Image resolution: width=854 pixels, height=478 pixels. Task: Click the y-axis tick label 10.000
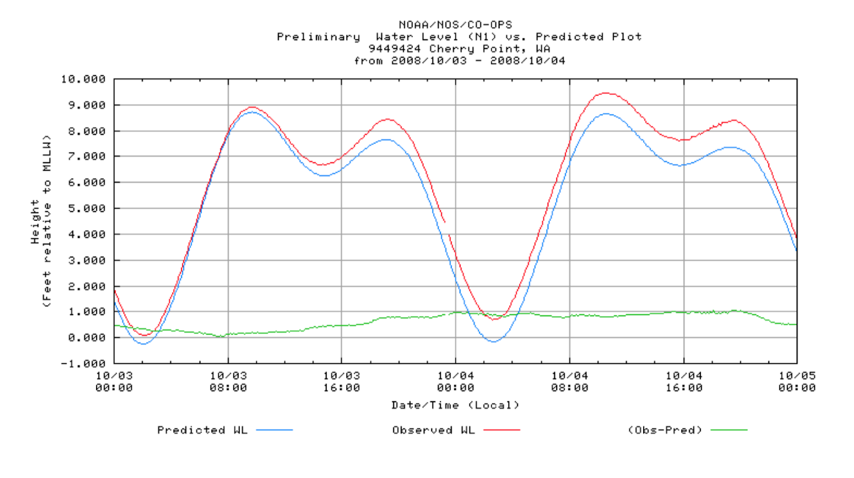click(83, 79)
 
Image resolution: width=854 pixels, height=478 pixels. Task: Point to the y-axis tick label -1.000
click(83, 364)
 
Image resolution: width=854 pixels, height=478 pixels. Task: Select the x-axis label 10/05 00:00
click(797, 382)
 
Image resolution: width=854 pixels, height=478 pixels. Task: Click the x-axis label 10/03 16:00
click(342, 382)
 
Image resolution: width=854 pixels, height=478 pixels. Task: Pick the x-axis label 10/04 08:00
click(570, 382)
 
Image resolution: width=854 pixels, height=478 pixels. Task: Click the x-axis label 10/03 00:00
click(114, 382)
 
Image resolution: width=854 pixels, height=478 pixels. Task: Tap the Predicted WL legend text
click(202, 430)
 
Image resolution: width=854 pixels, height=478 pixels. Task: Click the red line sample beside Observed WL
click(502, 430)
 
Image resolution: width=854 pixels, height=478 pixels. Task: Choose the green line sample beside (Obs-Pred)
click(729, 430)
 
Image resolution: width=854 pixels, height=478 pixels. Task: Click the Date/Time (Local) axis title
click(455, 405)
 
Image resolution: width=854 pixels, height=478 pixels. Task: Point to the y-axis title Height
click(35, 222)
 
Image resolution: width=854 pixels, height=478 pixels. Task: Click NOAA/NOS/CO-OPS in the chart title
click(455, 25)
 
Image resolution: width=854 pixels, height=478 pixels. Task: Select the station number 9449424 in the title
click(394, 49)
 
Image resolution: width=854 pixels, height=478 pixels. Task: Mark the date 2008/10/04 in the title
click(527, 61)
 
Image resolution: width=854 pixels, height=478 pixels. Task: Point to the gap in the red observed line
click(447, 228)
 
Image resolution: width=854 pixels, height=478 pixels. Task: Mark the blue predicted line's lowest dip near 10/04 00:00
click(494, 341)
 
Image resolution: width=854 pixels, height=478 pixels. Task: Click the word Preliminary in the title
click(318, 37)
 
